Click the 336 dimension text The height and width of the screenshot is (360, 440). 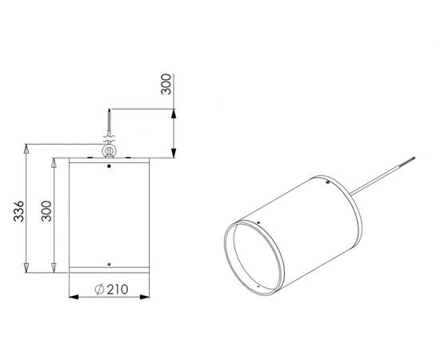[19, 211]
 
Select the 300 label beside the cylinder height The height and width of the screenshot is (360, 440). [46, 211]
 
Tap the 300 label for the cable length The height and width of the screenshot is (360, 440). [166, 84]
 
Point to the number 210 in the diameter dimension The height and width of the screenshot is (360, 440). [118, 290]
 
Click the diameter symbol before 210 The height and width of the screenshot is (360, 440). [99, 290]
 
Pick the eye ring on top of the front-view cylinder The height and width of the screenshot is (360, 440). [108, 150]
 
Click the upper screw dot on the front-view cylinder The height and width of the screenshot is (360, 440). [109, 166]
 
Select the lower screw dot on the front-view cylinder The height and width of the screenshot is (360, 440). [109, 264]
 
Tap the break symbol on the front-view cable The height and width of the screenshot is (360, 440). [109, 138]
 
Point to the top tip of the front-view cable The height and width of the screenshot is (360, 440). [109, 109]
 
